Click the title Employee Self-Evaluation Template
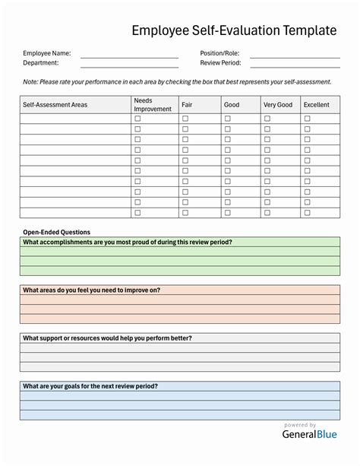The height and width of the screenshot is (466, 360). pyautogui.click(x=233, y=30)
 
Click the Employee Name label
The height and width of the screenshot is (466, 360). pyautogui.click(x=47, y=53)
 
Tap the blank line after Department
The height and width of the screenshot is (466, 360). pyautogui.click(x=129, y=64)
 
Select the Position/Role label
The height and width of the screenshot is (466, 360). pyautogui.click(x=220, y=53)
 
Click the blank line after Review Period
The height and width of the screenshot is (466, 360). pyautogui.click(x=295, y=64)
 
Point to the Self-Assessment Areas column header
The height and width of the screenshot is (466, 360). pyautogui.click(x=55, y=105)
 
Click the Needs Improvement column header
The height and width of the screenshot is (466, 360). pyautogui.click(x=153, y=105)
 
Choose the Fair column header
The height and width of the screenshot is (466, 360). pyautogui.click(x=187, y=105)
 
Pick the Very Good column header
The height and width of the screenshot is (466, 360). pyautogui.click(x=277, y=105)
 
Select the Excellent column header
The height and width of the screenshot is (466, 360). pyautogui.click(x=316, y=105)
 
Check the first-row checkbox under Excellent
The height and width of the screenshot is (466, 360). pyautogui.click(x=308, y=119)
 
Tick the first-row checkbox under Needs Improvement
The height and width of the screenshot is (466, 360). pyautogui.click(x=137, y=119)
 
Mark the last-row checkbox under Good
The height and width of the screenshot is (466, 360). pyautogui.click(x=228, y=213)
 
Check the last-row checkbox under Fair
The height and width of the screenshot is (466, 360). pyautogui.click(x=185, y=213)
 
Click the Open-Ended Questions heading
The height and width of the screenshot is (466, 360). pyautogui.click(x=56, y=232)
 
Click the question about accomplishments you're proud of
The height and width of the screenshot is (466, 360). pyautogui.click(x=128, y=242)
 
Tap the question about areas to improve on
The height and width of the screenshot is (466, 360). pyautogui.click(x=91, y=290)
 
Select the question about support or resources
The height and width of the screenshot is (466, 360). pyautogui.click(x=107, y=338)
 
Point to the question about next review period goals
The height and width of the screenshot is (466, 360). pyautogui.click(x=90, y=385)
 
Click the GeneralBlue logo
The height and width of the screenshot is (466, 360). pyautogui.click(x=300, y=435)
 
